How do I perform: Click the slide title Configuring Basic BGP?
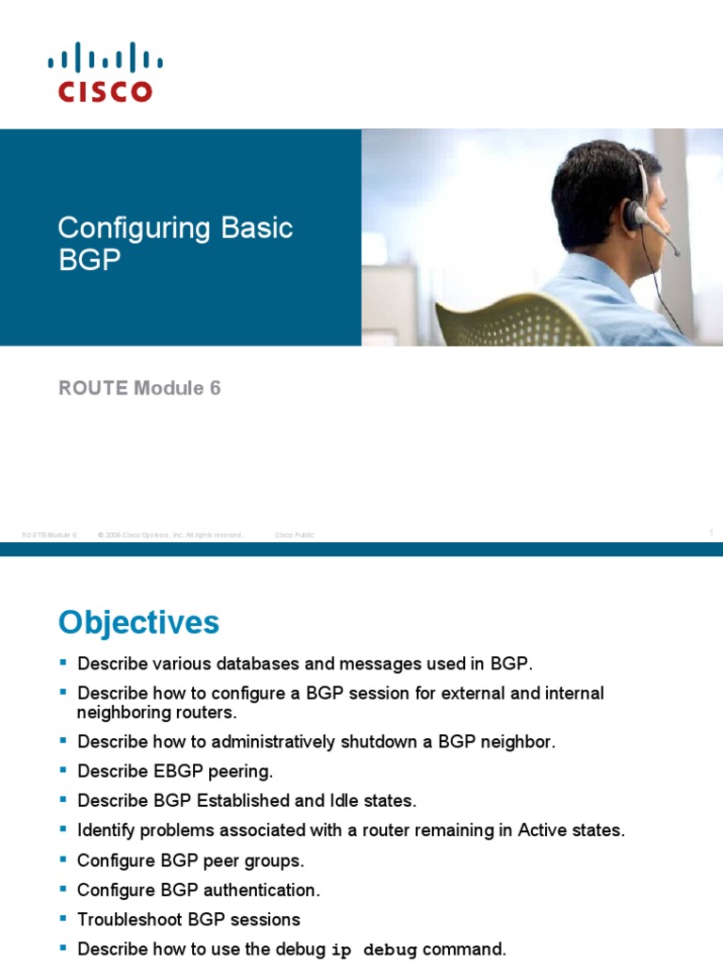(x=175, y=243)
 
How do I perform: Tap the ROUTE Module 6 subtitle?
(x=139, y=388)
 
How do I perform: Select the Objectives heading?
(x=138, y=622)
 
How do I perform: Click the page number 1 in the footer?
(x=711, y=534)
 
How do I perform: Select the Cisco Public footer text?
(x=295, y=535)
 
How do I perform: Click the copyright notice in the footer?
(x=170, y=535)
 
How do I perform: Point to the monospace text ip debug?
(x=375, y=949)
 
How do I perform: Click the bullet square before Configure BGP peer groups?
(x=64, y=860)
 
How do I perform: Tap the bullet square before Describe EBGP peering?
(x=64, y=771)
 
